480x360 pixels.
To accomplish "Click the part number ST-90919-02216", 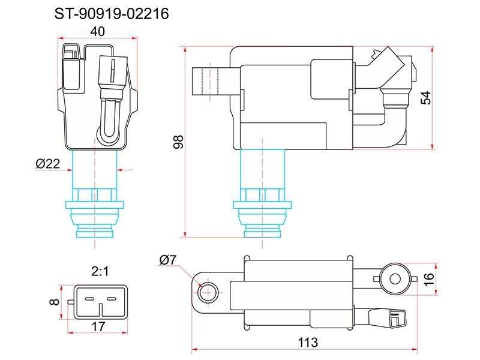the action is [112, 14].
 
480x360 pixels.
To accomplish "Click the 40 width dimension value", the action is [98, 32].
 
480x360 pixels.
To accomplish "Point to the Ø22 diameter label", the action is [48, 164].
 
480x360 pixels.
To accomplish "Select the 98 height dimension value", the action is [178, 142].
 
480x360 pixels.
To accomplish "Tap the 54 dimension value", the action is [425, 98].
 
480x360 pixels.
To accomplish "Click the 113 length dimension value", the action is [308, 342].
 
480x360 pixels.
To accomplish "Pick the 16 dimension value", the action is [429, 279].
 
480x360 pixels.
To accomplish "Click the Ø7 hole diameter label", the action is [168, 260].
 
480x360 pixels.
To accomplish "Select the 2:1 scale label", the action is [100, 271].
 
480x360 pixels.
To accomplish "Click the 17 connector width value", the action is [98, 326].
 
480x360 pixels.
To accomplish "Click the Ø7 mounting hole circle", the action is [208, 292].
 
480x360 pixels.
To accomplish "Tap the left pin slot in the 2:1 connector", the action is [89, 299].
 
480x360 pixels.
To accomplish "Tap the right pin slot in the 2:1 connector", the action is [111, 299].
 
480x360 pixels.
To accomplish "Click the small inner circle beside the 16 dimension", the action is [395, 279].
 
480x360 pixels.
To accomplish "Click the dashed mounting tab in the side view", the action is [210, 81].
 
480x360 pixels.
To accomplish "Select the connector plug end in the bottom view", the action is [397, 319].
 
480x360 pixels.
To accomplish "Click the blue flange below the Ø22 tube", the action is [95, 205].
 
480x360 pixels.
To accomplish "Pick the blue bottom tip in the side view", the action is [262, 232].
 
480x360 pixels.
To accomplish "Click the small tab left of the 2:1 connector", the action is [71, 302].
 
